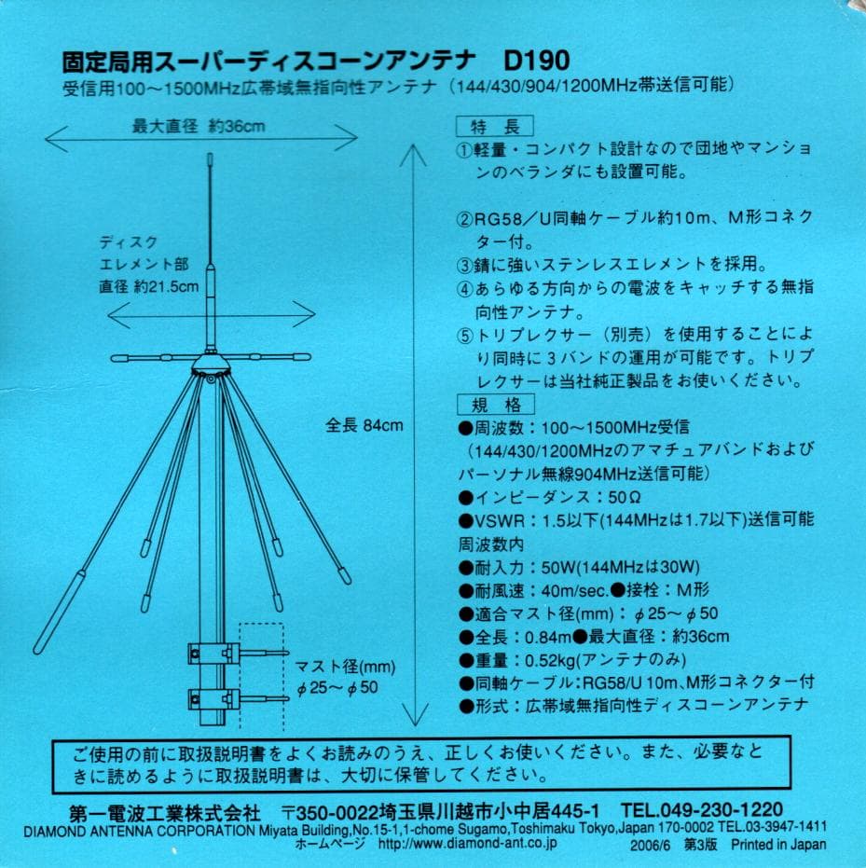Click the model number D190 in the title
click(536, 62)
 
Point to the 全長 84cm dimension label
click(364, 425)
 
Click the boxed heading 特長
click(494, 127)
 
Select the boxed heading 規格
click(494, 405)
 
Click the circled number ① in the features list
click(465, 150)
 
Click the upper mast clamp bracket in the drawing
click(209, 654)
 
